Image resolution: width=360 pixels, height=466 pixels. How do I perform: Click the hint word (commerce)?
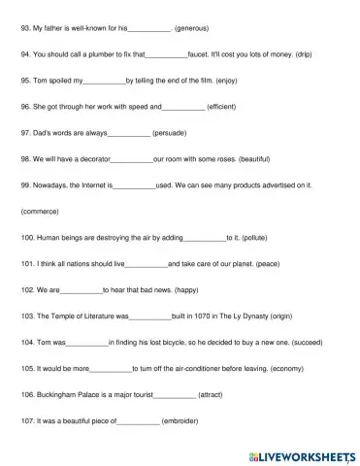point(40,211)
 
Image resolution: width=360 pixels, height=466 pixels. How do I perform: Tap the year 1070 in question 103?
point(195,316)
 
